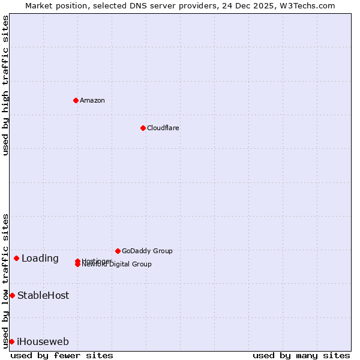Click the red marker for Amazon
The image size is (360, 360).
point(76,100)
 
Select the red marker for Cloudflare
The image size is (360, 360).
point(143,128)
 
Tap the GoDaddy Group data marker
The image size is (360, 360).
point(118,251)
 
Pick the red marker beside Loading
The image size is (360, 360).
point(16,258)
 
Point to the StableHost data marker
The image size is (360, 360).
point(12,295)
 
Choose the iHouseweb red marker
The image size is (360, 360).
point(11,341)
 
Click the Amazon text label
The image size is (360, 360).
point(92,100)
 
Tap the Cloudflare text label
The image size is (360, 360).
point(163,128)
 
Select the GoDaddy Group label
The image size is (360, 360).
point(147,251)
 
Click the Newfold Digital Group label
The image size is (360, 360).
point(118,265)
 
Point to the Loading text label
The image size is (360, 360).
point(40,259)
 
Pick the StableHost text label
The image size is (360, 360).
point(43,295)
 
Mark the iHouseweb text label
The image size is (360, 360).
point(43,342)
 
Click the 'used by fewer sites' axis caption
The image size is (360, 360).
point(62,355)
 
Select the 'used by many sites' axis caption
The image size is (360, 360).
point(301,355)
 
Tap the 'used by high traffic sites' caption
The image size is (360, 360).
point(5,85)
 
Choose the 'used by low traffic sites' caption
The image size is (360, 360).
point(5,280)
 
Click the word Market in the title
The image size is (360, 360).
point(38,5)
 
